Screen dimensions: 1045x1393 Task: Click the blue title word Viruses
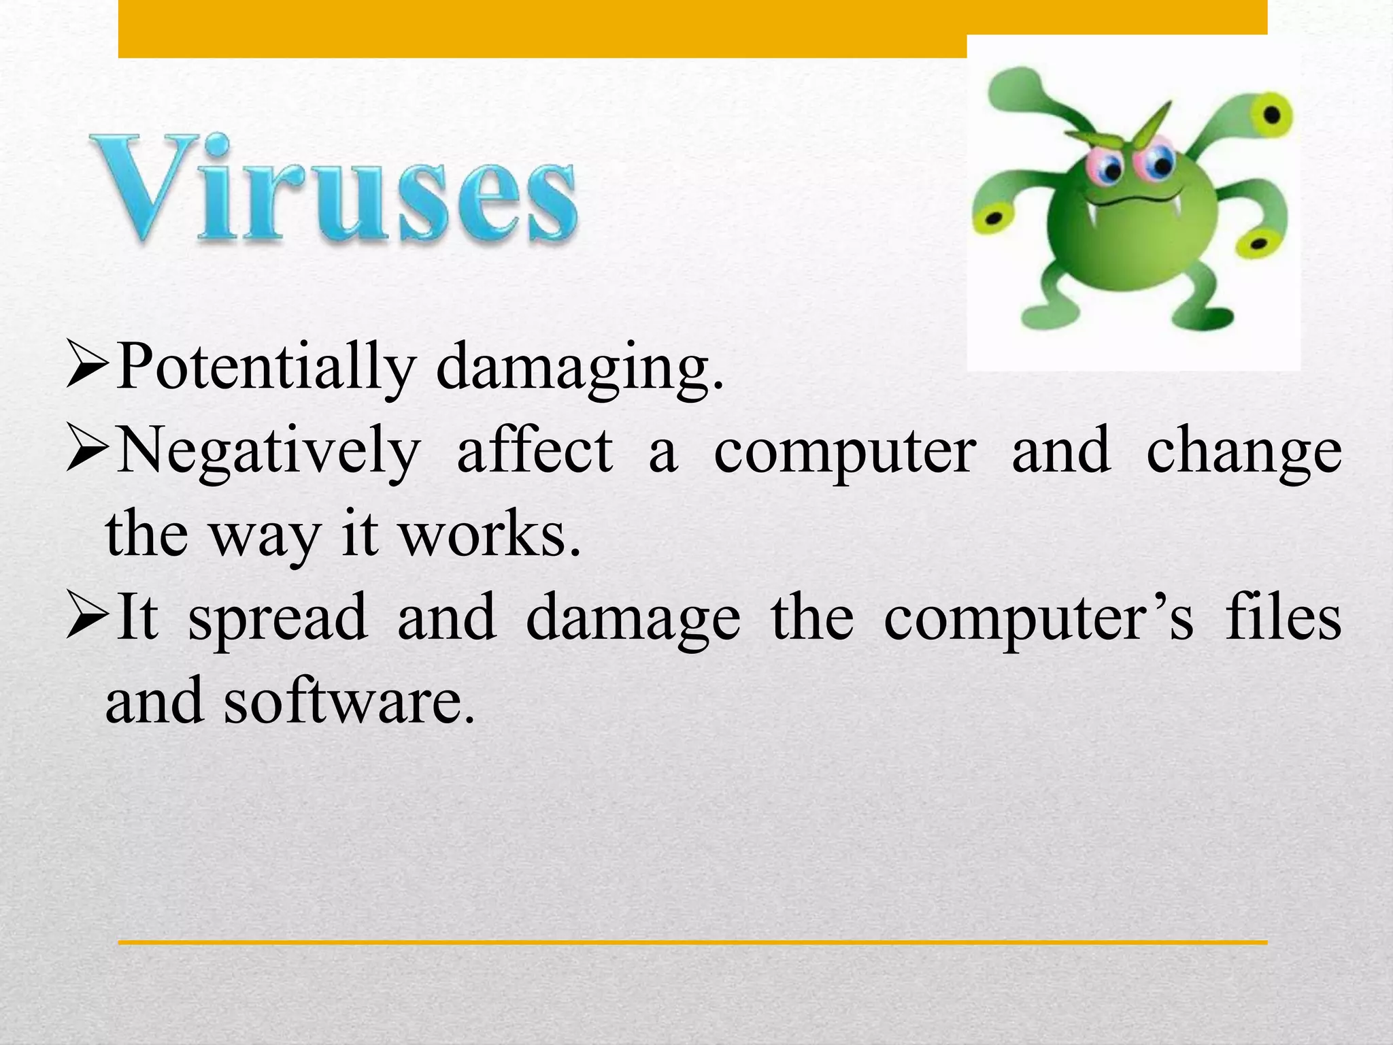pyautogui.click(x=333, y=188)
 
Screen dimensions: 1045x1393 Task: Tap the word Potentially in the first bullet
pyautogui.click(x=265, y=367)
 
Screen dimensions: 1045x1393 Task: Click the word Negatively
pyautogui.click(x=269, y=450)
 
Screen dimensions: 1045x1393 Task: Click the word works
pyautogui.click(x=490, y=534)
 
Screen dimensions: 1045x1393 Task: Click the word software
pyautogui.click(x=347, y=701)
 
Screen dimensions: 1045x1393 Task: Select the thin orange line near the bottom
pyautogui.click(x=692, y=942)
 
